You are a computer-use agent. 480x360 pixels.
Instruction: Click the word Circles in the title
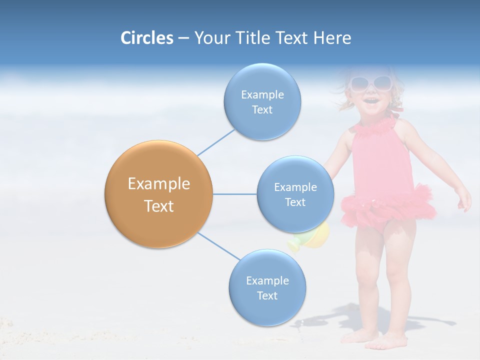(147, 38)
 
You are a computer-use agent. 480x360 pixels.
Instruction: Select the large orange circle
(158, 194)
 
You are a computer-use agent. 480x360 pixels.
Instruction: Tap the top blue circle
(262, 101)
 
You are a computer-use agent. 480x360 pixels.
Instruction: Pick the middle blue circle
(295, 194)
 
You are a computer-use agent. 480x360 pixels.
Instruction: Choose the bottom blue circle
(267, 287)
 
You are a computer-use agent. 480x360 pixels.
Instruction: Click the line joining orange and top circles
(215, 142)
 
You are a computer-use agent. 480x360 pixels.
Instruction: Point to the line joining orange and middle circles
(234, 194)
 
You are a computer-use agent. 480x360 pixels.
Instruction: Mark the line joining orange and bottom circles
(219, 246)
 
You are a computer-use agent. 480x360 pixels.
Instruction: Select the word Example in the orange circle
(158, 183)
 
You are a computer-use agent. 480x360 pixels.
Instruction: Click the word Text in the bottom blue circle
(267, 295)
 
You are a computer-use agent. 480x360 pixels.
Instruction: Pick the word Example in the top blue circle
(262, 94)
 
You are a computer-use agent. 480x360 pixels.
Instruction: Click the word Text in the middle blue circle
(295, 202)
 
